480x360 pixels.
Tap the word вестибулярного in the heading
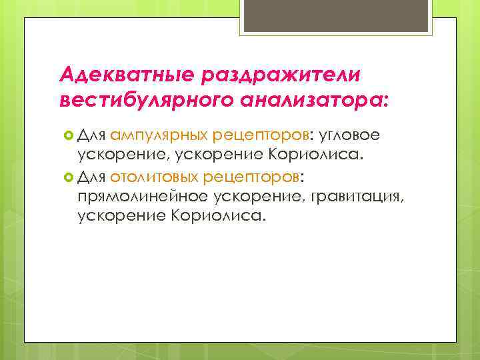click(x=141, y=102)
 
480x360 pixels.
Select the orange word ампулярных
click(x=158, y=137)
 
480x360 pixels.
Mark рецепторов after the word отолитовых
click(x=254, y=177)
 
